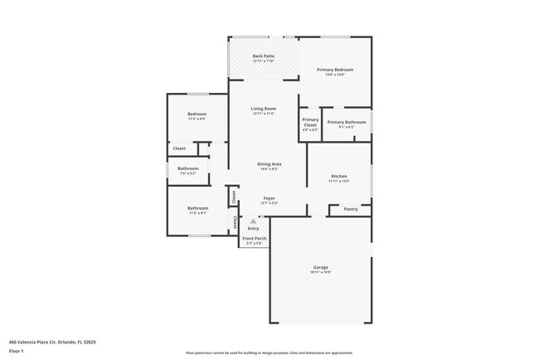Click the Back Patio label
[264, 56]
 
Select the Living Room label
[264, 109]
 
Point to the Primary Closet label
[309, 122]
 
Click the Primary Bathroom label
[346, 122]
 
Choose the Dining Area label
[269, 164]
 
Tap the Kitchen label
[338, 176]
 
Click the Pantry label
[351, 209]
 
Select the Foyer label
[269, 198]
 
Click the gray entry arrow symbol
[253, 221]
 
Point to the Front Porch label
[253, 239]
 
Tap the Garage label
[320, 267]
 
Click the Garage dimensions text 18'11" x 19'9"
[320, 273]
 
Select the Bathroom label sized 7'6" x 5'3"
[187, 168]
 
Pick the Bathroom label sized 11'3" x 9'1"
[197, 208]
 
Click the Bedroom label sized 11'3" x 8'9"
[197, 114]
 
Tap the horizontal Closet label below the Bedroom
[179, 148]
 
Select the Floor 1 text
[17, 351]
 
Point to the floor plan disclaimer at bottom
[269, 352]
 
